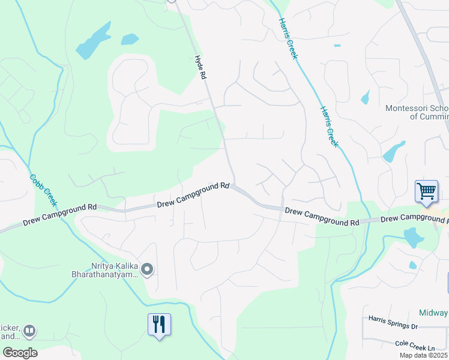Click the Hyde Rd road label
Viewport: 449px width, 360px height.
(201, 67)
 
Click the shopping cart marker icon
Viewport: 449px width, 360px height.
(426, 193)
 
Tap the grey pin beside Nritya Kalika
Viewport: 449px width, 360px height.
(148, 270)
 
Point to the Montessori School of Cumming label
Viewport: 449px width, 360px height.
(417, 112)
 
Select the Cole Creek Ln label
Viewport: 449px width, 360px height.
(414, 347)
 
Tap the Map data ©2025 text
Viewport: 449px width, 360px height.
(423, 355)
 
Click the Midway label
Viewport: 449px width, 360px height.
(433, 313)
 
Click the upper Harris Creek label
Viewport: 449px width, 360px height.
(288, 37)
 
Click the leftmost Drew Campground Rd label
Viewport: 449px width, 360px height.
(60, 214)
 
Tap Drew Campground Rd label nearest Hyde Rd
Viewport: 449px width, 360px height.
(193, 195)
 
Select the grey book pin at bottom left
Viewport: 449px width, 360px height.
(29, 330)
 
